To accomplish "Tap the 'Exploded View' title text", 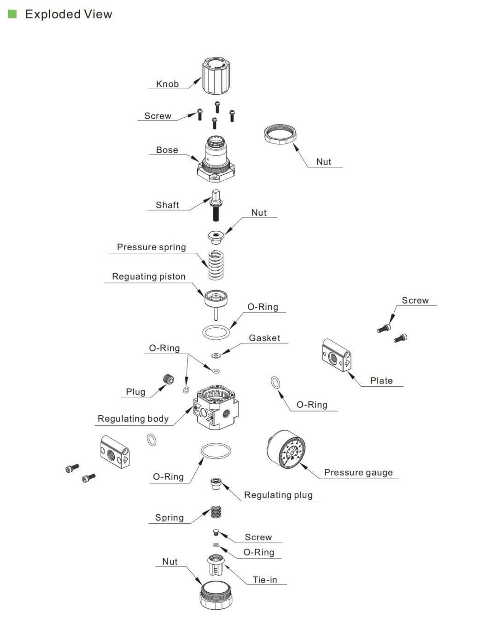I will pos(69,14).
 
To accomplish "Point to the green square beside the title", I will pos(12,14).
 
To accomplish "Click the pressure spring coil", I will pos(216,265).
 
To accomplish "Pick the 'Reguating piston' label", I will pos(148,276).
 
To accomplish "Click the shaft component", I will pos(216,205).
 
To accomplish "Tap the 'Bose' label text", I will pos(167,150).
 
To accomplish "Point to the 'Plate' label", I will pos(381,381).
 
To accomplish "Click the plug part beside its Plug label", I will pos(169,379).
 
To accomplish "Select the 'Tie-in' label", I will pos(265,580).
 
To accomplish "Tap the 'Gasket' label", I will pos(264,338).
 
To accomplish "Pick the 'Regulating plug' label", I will pos(278,495).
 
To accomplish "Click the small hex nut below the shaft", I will pos(215,236).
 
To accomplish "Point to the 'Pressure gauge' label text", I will pos(358,472).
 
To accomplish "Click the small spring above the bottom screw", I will pos(216,512).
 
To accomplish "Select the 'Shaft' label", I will pos(167,205).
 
